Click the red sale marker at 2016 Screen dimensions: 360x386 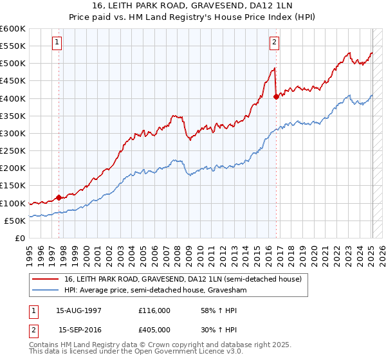(x=276, y=97)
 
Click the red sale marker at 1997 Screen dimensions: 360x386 (x=59, y=197)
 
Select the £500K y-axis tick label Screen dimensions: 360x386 (x=13, y=64)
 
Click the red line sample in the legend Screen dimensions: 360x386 (x=45, y=279)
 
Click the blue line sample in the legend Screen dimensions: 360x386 (x=45, y=291)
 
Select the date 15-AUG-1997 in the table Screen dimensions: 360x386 (x=79, y=310)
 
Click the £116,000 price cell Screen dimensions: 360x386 (x=154, y=310)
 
